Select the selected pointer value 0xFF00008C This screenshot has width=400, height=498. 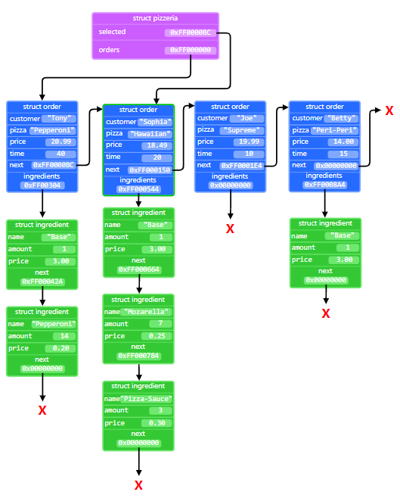pos(190,33)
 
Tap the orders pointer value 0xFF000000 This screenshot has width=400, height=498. pos(190,51)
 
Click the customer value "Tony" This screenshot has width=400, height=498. pos(59,119)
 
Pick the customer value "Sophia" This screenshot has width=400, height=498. pos(155,122)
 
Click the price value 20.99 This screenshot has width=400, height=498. pos(60,142)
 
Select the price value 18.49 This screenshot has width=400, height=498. pos(154,145)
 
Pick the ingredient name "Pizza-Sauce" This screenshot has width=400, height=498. pos(150,399)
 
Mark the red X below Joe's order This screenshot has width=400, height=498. pos(231,229)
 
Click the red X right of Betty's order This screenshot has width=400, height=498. pos(389,111)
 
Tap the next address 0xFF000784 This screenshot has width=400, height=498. pos(138,356)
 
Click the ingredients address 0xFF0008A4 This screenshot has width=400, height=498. pos(325,185)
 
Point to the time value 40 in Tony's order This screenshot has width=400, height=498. pos(60,153)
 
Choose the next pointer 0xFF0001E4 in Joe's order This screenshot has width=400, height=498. pos(241,165)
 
